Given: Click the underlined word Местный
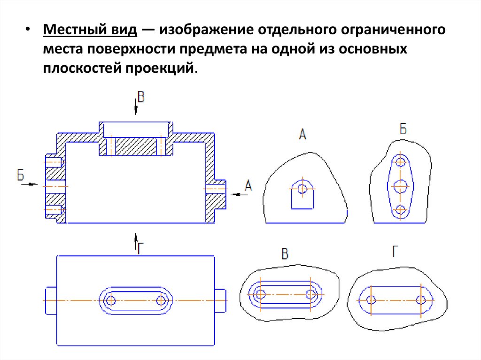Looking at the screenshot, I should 71,32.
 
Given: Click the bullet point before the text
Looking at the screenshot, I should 28,32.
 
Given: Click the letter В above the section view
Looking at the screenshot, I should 140,98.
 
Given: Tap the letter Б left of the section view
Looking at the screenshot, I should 21,176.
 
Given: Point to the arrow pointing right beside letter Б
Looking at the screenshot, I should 31,184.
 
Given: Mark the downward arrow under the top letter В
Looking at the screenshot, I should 136,109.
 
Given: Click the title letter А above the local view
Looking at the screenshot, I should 303,135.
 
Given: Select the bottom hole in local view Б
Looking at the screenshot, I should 400,210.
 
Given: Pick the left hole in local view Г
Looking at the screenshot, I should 371,299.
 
